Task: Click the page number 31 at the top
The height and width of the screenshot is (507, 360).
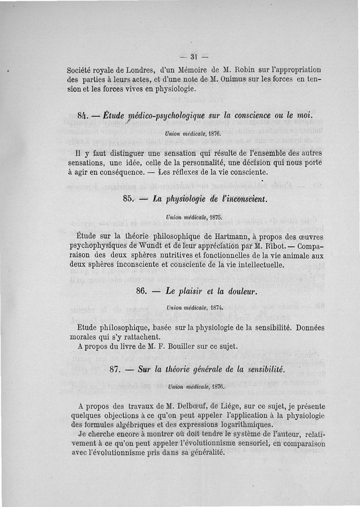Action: tap(194, 57)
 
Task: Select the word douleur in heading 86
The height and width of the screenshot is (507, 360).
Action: tap(240, 291)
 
